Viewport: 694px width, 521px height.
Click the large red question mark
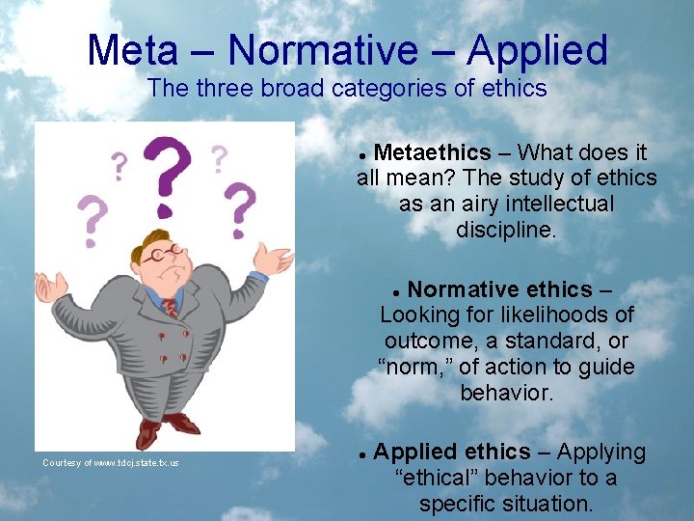coord(167,174)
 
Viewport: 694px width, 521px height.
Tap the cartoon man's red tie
coord(171,308)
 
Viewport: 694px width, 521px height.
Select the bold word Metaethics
coord(432,152)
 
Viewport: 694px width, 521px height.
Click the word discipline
coord(506,230)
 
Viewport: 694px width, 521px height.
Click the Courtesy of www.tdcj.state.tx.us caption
coord(111,463)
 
